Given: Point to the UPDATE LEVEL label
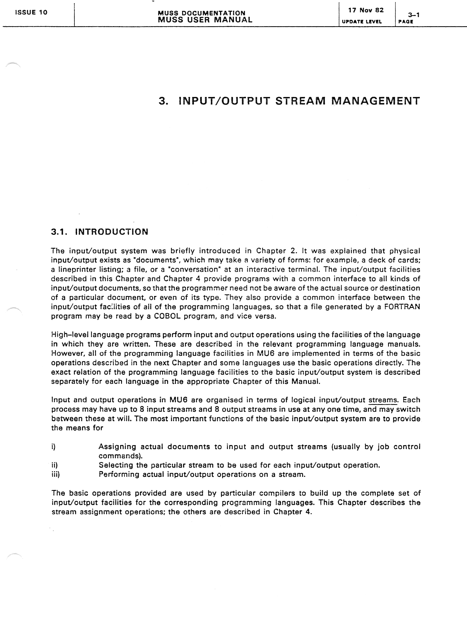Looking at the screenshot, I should click(362, 22).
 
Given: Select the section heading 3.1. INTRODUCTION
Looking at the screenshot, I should click(100, 232).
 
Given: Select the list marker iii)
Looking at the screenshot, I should click(55, 474).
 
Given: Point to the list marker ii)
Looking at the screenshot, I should click(54, 465).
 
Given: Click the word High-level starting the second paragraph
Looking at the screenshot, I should click(70, 335).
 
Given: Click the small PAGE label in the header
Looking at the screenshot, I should click(406, 22).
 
